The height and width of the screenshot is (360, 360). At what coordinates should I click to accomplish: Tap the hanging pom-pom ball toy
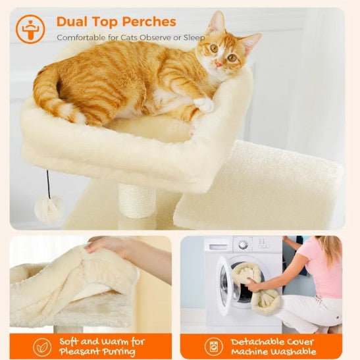click(49, 209)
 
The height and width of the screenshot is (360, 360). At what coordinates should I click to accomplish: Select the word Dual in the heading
click(72, 22)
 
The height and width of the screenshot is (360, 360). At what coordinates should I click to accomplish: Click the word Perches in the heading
click(148, 22)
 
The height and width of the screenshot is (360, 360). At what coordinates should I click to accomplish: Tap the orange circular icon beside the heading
click(30, 29)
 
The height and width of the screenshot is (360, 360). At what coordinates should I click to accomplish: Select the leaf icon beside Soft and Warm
click(43, 346)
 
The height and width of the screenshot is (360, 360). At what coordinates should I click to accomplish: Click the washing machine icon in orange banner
click(214, 346)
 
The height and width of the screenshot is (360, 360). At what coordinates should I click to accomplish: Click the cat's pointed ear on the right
click(249, 42)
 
